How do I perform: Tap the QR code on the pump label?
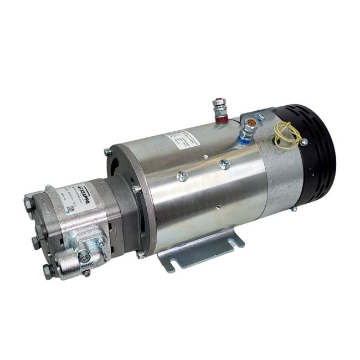coord(70,210)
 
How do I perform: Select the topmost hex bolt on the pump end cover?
coord(30,204)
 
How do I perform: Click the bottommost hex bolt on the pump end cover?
coord(49,270)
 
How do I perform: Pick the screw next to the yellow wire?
coord(304,143)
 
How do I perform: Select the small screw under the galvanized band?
coord(294,209)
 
